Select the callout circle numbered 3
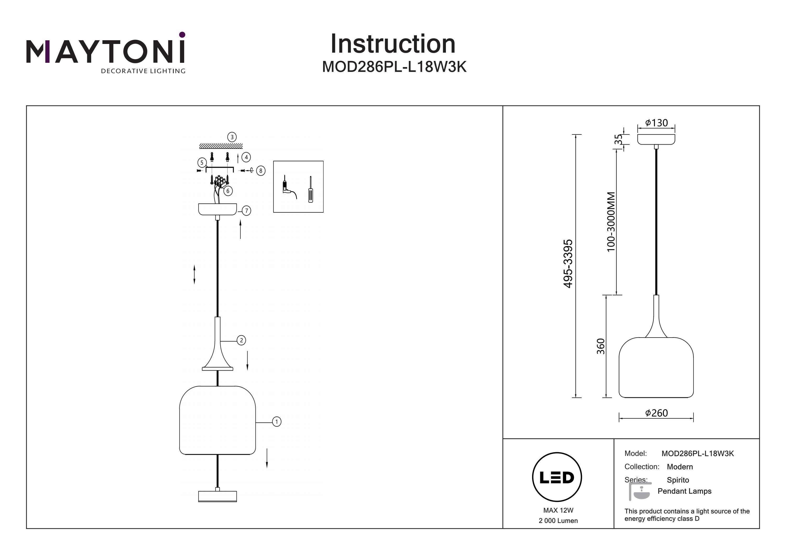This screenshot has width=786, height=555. click(232, 137)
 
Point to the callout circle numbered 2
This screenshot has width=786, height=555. click(241, 340)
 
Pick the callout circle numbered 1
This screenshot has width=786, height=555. click(277, 422)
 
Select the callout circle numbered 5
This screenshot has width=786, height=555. click(202, 162)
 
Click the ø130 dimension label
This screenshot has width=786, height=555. click(656, 123)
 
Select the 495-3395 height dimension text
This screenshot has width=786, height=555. click(568, 264)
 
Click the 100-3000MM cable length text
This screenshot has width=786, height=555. click(611, 222)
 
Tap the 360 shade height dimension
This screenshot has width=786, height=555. click(601, 346)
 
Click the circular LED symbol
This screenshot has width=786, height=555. click(557, 477)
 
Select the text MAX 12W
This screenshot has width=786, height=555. click(558, 510)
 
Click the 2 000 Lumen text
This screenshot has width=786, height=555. click(558, 521)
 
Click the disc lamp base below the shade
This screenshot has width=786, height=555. click(217, 496)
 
